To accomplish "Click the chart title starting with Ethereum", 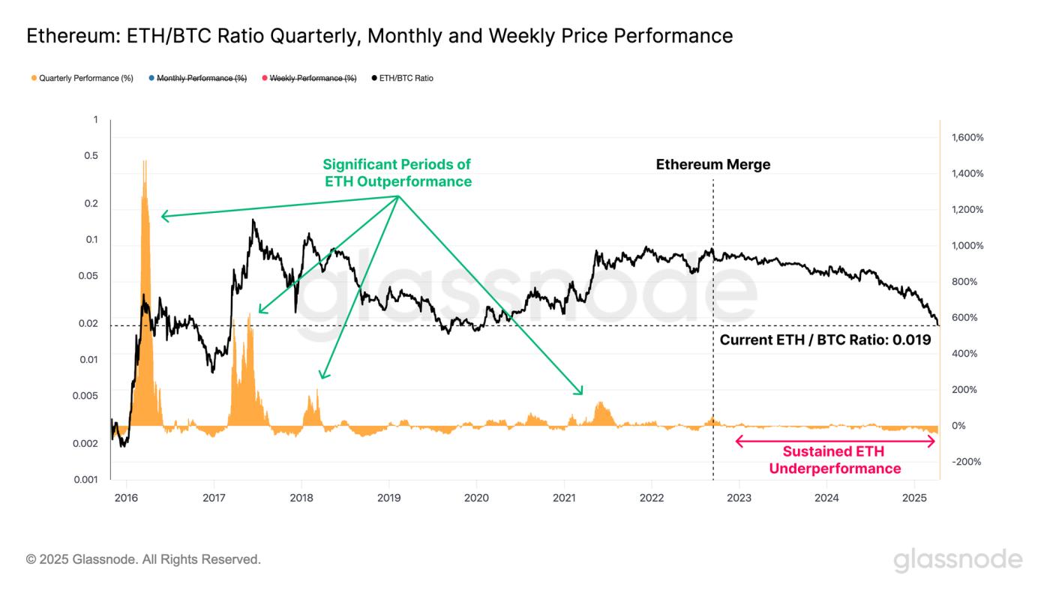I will pyautogui.click(x=379, y=35).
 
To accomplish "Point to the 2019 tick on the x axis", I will pyautogui.click(x=388, y=497).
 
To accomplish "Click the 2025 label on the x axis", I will pyautogui.click(x=914, y=497).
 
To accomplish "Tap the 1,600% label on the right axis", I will pyautogui.click(x=967, y=138).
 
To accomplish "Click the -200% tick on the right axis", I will pyautogui.click(x=966, y=462).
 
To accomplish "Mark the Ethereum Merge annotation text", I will pyautogui.click(x=712, y=165).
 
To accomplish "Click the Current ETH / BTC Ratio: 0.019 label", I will pyautogui.click(x=825, y=340).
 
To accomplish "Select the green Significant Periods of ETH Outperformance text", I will pyautogui.click(x=397, y=172).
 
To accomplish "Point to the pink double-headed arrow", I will pyautogui.click(x=835, y=442).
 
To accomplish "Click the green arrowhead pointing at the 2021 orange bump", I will pyautogui.click(x=579, y=390).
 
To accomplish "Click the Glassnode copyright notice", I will pyautogui.click(x=143, y=559).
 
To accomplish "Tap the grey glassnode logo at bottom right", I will pyautogui.click(x=958, y=560).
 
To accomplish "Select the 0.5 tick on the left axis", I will pyautogui.click(x=91, y=156).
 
